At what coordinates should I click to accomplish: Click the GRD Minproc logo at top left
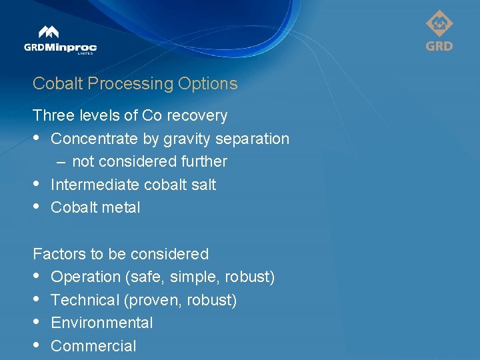[x=60, y=41]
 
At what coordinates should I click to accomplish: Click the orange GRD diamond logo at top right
[x=439, y=31]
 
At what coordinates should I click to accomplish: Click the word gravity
[x=185, y=139]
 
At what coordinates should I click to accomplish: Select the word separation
[x=257, y=139]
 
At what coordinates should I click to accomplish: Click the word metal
[x=121, y=208]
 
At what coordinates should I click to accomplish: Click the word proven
[x=153, y=300]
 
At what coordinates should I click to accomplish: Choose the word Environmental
[x=101, y=323]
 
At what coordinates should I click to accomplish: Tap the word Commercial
[x=93, y=346]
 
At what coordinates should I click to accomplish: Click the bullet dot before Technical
[x=37, y=300]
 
